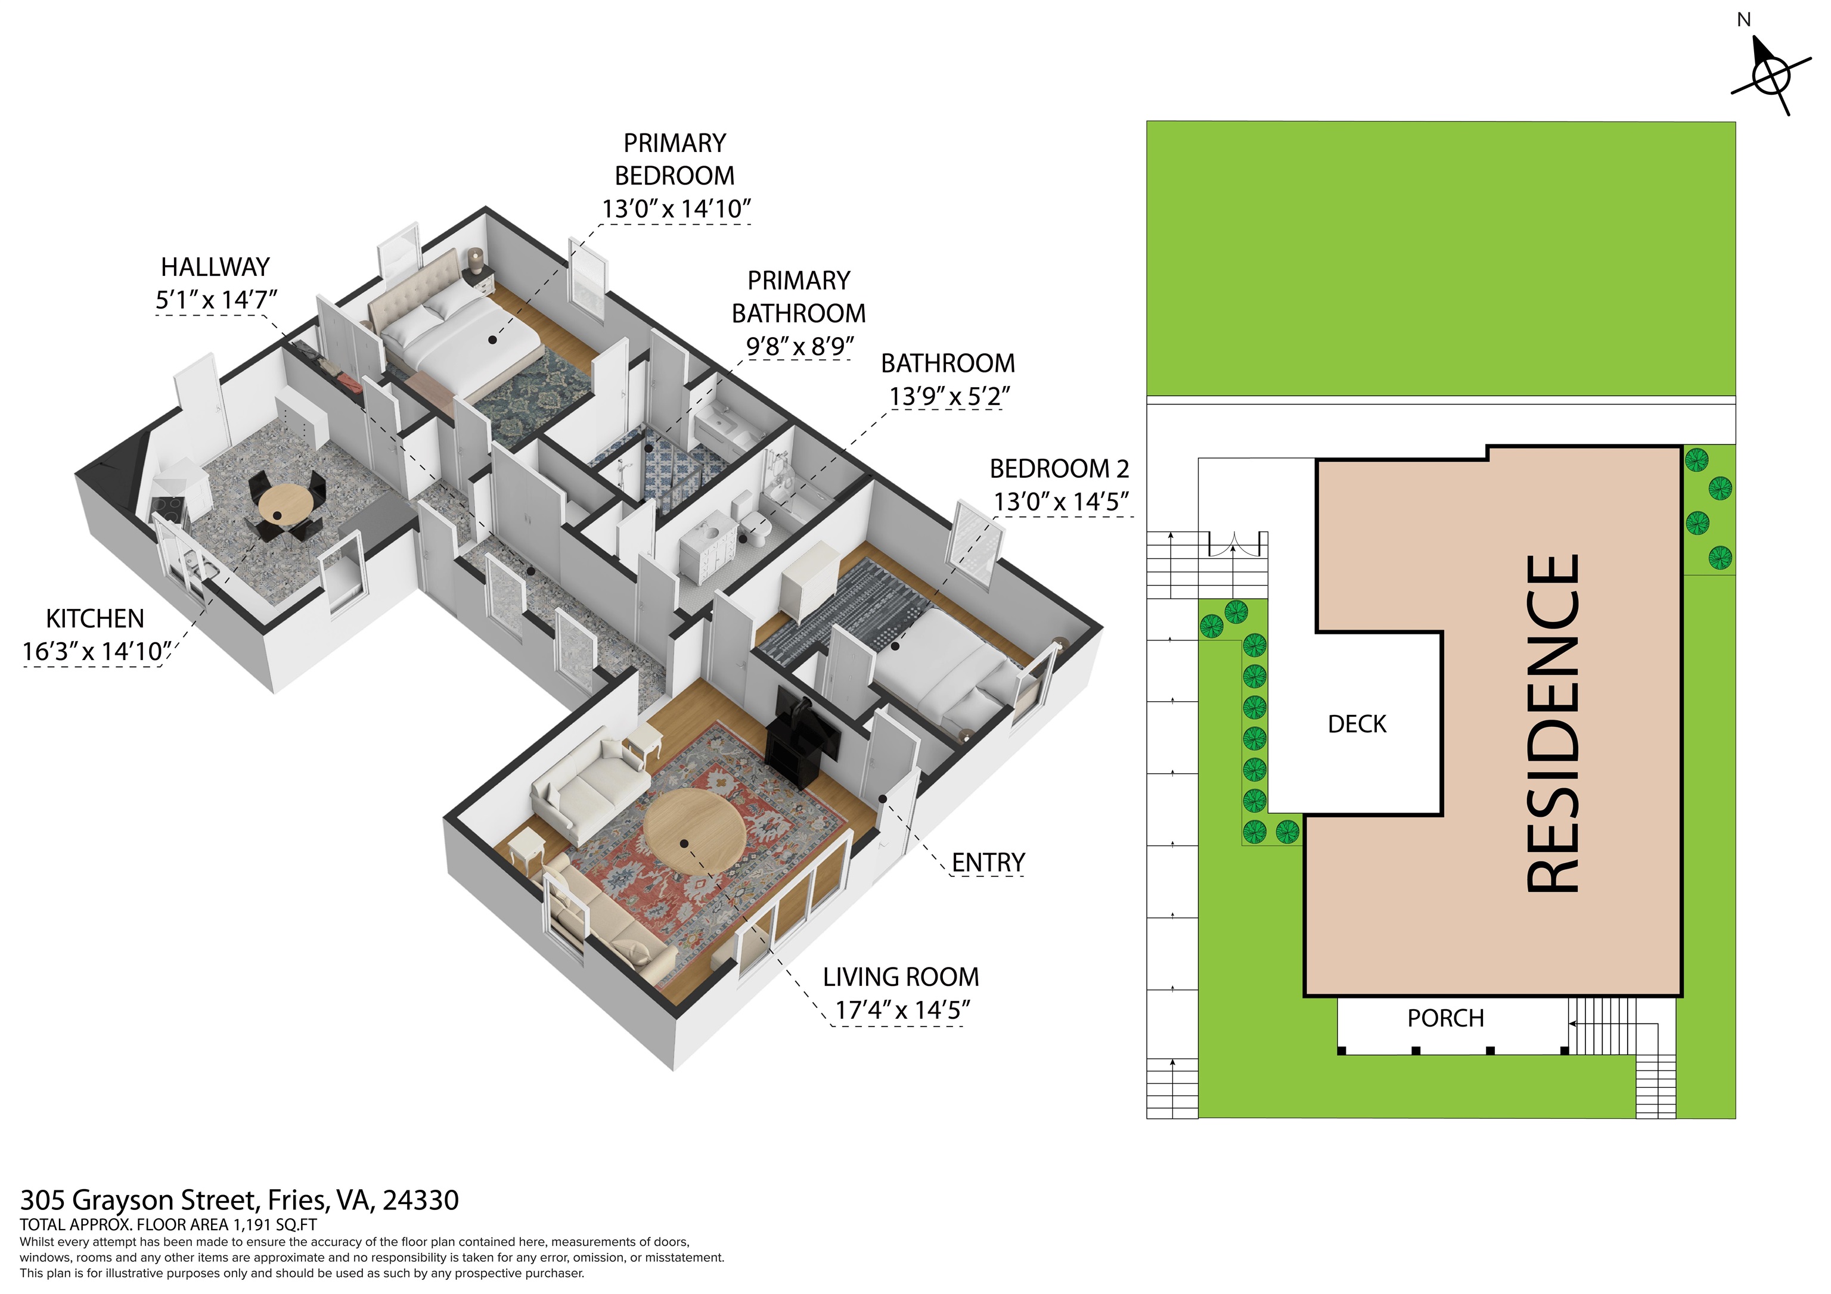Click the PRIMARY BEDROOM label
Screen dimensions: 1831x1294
(675, 160)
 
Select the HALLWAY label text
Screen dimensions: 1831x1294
(215, 266)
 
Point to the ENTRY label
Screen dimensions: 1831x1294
(988, 862)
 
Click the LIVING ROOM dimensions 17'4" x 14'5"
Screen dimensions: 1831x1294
(902, 1009)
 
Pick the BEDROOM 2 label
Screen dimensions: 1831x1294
(1059, 468)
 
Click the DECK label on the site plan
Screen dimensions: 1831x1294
(1357, 724)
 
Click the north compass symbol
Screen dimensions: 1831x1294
(1771, 75)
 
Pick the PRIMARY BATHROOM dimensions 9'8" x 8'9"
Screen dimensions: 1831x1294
(799, 346)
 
